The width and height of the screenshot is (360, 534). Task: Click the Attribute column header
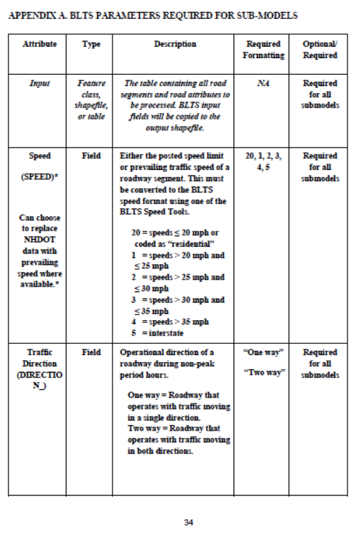40,44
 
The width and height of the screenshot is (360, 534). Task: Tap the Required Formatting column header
264,50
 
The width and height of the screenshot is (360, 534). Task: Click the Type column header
91,44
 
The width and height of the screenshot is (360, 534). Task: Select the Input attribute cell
40,83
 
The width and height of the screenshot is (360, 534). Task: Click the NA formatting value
263,83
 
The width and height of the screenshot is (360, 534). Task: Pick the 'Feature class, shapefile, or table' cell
91,99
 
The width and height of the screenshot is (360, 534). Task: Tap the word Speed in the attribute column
40,156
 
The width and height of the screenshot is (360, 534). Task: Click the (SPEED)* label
40,178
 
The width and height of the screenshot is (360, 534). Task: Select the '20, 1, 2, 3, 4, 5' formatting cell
264,161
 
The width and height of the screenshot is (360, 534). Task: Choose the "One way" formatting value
264,352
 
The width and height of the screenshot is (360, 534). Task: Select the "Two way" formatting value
264,373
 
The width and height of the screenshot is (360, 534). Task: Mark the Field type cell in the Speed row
91,156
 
